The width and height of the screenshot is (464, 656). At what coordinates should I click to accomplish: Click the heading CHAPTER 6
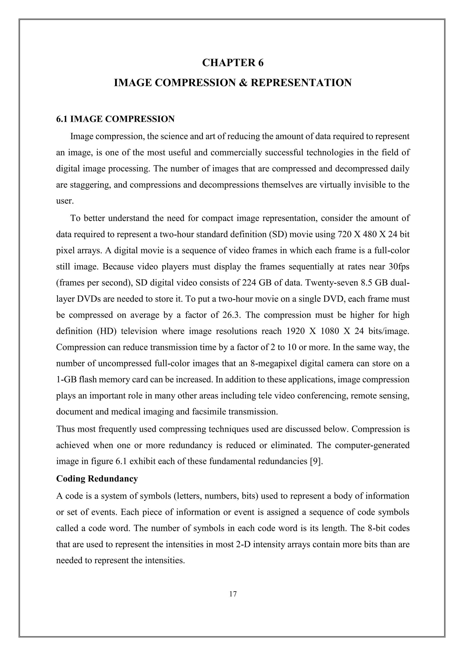click(233, 63)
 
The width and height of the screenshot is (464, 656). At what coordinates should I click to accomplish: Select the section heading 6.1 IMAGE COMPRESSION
click(115, 119)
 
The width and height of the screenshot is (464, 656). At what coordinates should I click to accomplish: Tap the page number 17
click(233, 594)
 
